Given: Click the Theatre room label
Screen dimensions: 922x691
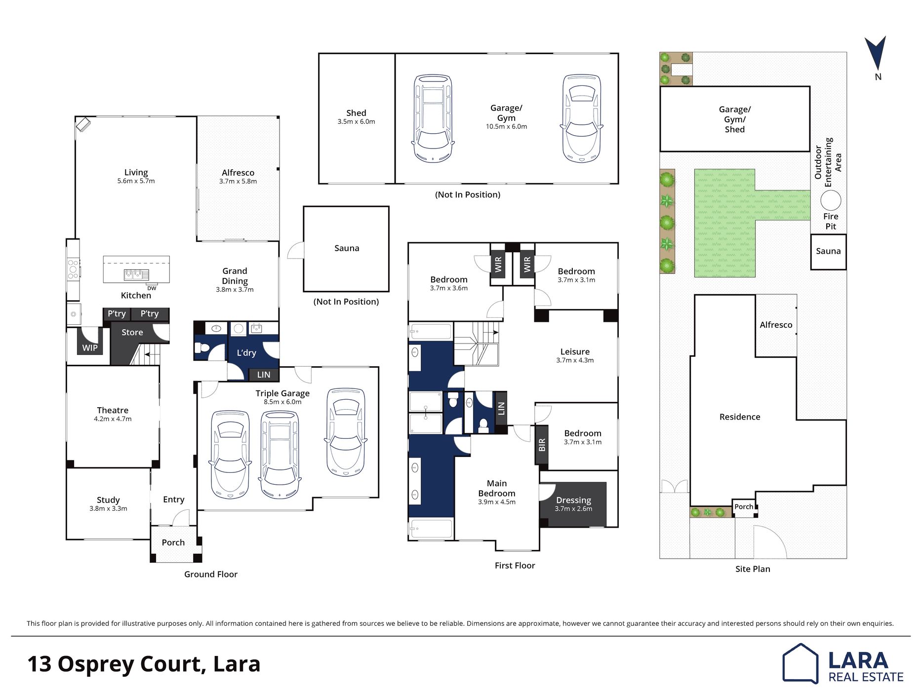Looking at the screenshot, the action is point(113,410).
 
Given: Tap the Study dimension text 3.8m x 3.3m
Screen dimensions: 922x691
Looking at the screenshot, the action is point(108,508).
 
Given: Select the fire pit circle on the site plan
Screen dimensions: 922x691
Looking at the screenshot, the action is point(831,201).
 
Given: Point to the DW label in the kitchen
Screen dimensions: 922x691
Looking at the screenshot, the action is point(152,288).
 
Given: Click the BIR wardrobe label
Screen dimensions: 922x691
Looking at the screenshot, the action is point(542,445).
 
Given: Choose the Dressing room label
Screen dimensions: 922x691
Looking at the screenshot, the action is point(573,500).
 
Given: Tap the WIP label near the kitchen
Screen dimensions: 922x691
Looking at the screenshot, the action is point(90,347).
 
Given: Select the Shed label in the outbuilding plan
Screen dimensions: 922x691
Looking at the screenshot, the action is point(356,113).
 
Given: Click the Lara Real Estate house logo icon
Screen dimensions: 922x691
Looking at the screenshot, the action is point(800,663).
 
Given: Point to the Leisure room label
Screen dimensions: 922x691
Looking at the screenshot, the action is point(575,351).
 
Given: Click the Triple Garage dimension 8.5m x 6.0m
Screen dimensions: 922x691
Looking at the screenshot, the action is point(282,402).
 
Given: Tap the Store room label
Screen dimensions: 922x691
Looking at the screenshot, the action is point(132,332).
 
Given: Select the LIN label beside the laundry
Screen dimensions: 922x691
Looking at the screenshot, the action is point(264,375).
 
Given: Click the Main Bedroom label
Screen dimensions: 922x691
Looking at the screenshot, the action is point(497,488).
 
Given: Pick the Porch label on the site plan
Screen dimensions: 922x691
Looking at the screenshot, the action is point(744,506).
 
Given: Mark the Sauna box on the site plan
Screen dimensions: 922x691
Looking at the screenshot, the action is point(828,252).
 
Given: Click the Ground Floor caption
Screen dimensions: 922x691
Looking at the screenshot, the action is point(211,574).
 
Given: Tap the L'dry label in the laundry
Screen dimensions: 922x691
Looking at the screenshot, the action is point(246,352).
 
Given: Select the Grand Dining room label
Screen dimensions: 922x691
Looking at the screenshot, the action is point(235,276).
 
